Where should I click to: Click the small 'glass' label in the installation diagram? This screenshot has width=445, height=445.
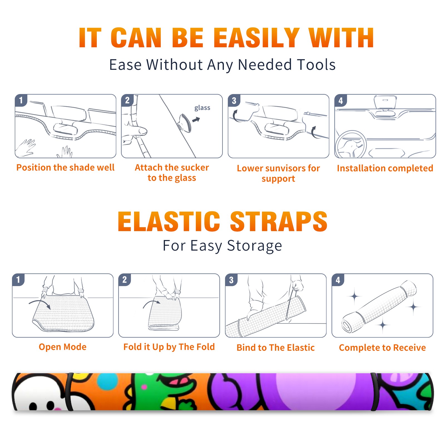click(x=202, y=108)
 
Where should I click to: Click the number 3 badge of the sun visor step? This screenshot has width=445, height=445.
click(x=234, y=100)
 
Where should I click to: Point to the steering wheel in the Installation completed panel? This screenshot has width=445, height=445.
click(x=350, y=144)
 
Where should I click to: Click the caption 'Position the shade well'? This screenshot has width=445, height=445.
click(x=65, y=167)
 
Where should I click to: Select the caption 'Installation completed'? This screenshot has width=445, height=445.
click(x=385, y=168)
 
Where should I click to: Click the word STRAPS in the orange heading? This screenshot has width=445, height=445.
click(x=279, y=221)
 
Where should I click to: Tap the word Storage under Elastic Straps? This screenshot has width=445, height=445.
click(x=254, y=246)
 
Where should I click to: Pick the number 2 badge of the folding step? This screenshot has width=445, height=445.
click(x=125, y=280)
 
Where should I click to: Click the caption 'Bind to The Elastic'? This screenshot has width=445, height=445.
click(x=276, y=348)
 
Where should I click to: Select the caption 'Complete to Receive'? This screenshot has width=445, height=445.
click(x=382, y=348)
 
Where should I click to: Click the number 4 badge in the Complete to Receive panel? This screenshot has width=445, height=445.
click(x=338, y=280)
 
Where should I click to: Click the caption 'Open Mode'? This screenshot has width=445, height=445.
click(x=63, y=347)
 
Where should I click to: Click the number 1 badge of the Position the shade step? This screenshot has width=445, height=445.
click(x=21, y=100)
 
